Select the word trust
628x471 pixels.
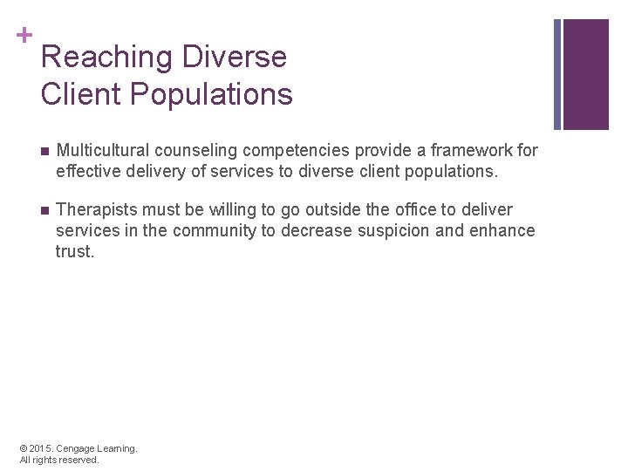pos(74,251)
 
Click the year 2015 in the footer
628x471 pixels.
pos(44,448)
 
